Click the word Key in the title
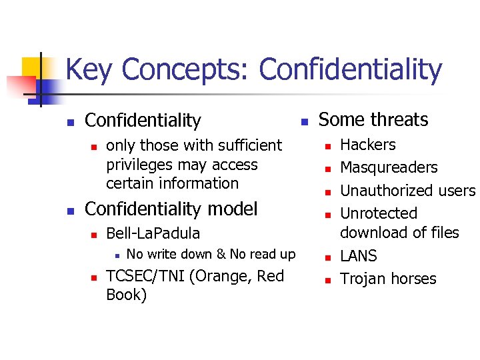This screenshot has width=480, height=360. click(90, 71)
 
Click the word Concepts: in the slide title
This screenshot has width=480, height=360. click(186, 71)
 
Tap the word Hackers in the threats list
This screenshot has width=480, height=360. click(367, 145)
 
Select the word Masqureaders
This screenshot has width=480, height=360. click(389, 167)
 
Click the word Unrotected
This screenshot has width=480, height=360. click(378, 213)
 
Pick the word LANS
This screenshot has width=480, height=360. click(358, 256)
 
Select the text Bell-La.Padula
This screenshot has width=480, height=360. click(153, 233)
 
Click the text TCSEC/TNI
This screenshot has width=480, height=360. click(146, 276)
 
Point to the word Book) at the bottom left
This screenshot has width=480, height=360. click(126, 295)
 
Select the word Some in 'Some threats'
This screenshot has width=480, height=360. click(340, 120)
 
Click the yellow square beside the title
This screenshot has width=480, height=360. click(32, 67)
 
